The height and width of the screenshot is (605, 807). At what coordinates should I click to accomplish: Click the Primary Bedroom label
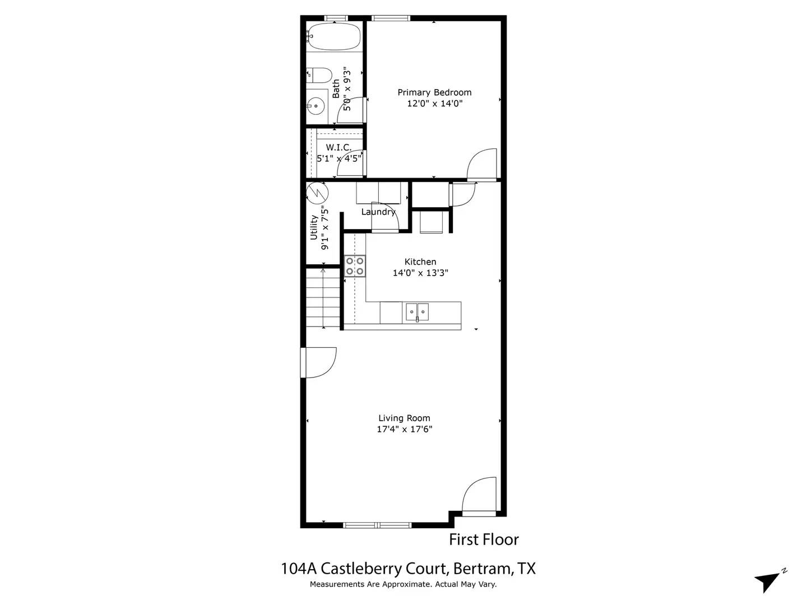[x=434, y=92]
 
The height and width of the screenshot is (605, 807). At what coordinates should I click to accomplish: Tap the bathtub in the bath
[x=334, y=37]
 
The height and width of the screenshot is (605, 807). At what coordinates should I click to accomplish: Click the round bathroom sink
[x=316, y=105]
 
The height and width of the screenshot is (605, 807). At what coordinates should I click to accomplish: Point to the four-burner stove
[x=355, y=266]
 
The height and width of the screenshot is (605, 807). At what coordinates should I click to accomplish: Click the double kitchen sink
[x=417, y=311]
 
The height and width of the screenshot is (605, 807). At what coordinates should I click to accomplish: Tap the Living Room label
[x=404, y=418]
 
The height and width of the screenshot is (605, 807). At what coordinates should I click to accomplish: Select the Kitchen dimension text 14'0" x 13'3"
[x=420, y=273]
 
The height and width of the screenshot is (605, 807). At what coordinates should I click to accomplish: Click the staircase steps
[x=323, y=297]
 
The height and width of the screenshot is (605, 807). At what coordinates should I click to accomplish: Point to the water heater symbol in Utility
[x=317, y=193]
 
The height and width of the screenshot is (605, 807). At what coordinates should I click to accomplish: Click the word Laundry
[x=378, y=212]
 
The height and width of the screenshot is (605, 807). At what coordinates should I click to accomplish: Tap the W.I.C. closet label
[x=338, y=147]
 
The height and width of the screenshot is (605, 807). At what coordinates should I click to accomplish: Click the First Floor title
[x=484, y=539]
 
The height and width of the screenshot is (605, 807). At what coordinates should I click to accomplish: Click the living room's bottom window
[x=377, y=525]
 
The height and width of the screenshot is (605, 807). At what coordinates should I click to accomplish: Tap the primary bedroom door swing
[x=483, y=164]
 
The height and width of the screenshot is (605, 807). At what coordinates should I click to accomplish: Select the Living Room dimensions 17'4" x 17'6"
[x=404, y=430]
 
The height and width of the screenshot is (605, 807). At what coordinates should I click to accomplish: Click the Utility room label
[x=314, y=227]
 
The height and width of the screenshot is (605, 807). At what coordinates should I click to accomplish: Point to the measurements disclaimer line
[x=403, y=584]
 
